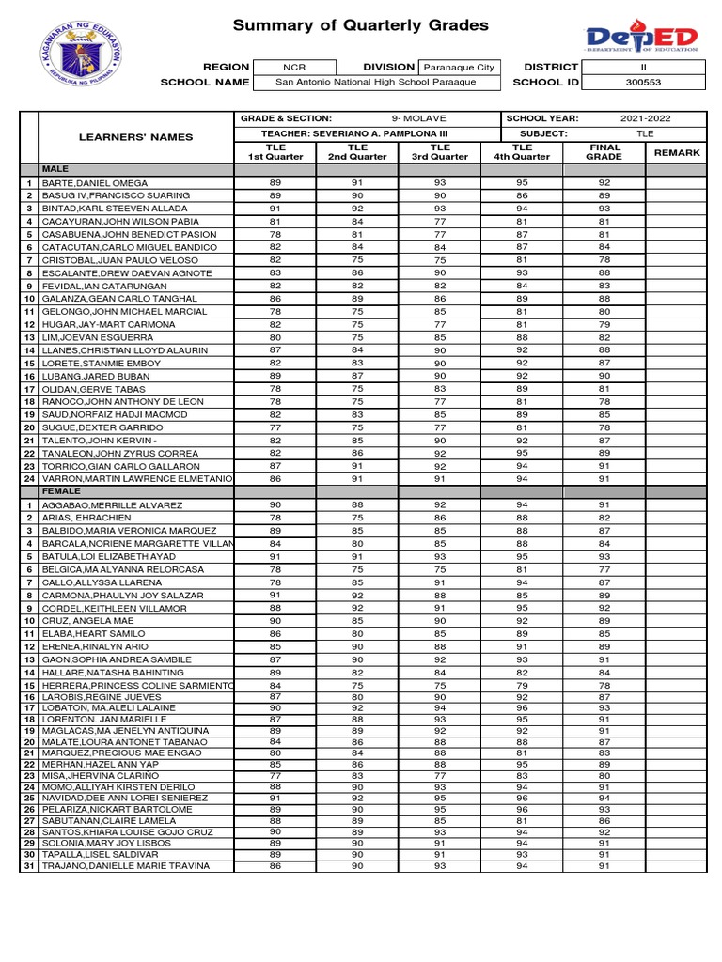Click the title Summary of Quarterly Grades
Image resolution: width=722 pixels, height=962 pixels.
[x=360, y=25]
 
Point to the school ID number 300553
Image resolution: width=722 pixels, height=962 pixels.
[x=643, y=82]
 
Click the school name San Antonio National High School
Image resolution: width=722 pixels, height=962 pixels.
[x=375, y=82]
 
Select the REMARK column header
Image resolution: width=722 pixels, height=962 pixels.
[x=677, y=152]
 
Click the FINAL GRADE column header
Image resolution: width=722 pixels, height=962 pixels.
[x=604, y=152]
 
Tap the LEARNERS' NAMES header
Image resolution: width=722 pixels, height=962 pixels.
[x=135, y=137]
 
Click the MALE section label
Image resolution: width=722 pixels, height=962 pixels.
[x=55, y=168]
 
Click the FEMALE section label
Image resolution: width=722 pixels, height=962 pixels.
[x=61, y=491]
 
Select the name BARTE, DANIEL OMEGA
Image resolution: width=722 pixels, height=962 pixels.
[x=95, y=183]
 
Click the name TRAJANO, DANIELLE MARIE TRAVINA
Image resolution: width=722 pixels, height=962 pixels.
[x=125, y=865]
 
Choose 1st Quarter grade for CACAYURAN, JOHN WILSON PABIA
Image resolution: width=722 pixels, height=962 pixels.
[x=275, y=222]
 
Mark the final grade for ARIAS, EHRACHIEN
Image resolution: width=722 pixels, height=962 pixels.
[x=604, y=518]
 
